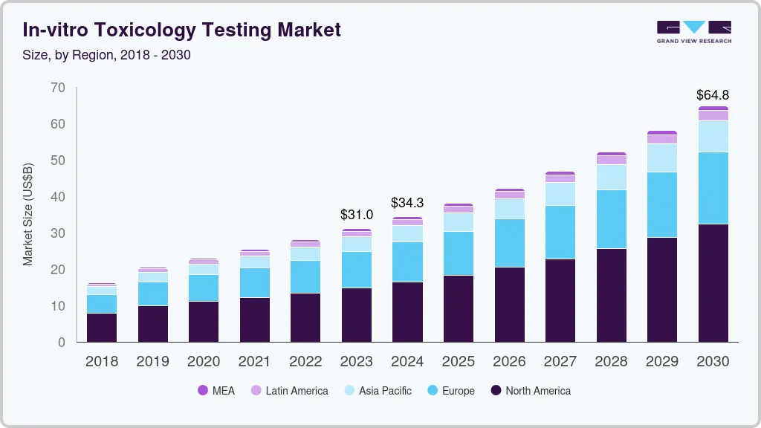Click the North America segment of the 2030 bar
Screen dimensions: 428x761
713,282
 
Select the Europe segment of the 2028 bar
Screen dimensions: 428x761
611,219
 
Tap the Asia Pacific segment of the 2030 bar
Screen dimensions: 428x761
713,136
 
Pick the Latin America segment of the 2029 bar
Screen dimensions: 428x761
661,139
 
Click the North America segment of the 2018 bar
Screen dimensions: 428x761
102,328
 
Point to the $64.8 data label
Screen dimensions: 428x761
713,95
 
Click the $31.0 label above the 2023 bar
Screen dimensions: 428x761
356,215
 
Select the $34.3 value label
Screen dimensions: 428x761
407,203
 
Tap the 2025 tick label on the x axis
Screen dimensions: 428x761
459,362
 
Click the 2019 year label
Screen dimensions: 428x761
152,362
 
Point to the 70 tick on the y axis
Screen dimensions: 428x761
58,88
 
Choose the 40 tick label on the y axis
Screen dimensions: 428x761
58,197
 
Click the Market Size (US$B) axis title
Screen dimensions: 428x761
28,215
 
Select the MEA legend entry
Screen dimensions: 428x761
216,390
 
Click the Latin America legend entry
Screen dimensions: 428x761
289,390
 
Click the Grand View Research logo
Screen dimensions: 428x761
693,31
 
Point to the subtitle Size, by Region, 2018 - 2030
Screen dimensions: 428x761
106,55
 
